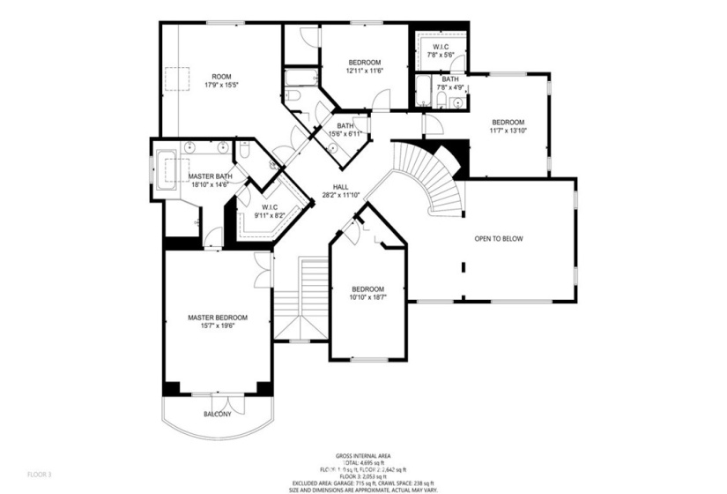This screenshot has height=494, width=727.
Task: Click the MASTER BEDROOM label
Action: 217,318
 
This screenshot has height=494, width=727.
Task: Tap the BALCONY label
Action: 217,414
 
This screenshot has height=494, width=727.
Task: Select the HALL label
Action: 339,186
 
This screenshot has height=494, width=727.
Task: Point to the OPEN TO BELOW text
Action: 499,239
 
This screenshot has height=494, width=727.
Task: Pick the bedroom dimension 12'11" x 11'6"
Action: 364,71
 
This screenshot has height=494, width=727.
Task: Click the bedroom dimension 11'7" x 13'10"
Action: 508,131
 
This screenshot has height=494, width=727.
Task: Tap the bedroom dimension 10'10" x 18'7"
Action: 367,298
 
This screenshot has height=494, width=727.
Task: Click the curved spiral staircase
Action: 427,176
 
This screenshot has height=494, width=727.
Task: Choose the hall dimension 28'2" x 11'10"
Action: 339,195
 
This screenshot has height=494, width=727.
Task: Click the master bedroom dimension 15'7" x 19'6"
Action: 217,326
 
